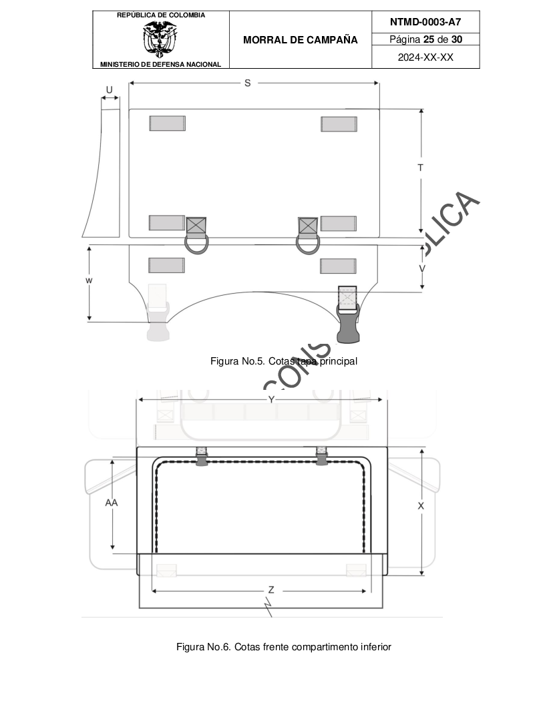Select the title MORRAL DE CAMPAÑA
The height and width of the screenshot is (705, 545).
coord(301,40)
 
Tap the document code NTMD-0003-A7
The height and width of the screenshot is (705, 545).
coord(425,21)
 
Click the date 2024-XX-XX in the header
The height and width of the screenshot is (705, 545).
coord(425,57)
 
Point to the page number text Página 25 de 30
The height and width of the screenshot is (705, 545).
coord(425,39)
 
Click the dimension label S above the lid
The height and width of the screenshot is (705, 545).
coord(248,83)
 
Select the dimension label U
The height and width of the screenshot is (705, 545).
coord(110,89)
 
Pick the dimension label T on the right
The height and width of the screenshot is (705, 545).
coord(420,168)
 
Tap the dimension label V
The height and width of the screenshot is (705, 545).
coord(421,268)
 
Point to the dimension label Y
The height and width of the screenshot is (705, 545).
coord(271,399)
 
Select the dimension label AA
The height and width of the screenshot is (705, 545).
coord(112,503)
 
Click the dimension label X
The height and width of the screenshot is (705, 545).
coord(421,506)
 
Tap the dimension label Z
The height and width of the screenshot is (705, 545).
coord(270,590)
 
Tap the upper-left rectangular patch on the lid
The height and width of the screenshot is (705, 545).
coord(167,124)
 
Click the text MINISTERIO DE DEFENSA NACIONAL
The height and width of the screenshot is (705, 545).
coord(160,64)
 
